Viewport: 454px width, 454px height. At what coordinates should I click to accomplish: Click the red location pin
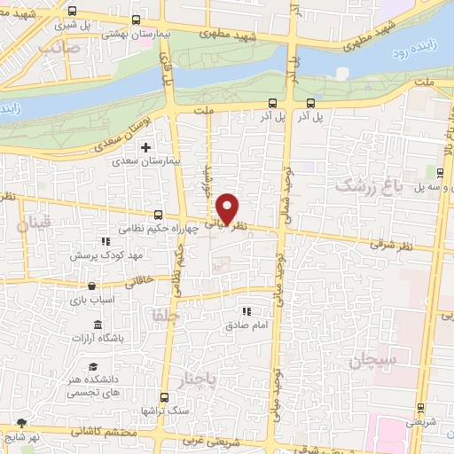pyautogui.click(x=228, y=208)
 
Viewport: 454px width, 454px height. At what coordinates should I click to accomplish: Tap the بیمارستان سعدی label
pyautogui.click(x=149, y=163)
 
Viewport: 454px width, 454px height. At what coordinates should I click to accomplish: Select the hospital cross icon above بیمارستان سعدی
pyautogui.click(x=148, y=147)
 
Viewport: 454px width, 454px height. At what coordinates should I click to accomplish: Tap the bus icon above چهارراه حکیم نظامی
pyautogui.click(x=158, y=214)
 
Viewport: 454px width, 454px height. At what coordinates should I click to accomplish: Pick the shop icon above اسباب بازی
pyautogui.click(x=93, y=286)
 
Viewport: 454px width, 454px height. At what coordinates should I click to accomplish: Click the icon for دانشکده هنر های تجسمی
pyautogui.click(x=92, y=367)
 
